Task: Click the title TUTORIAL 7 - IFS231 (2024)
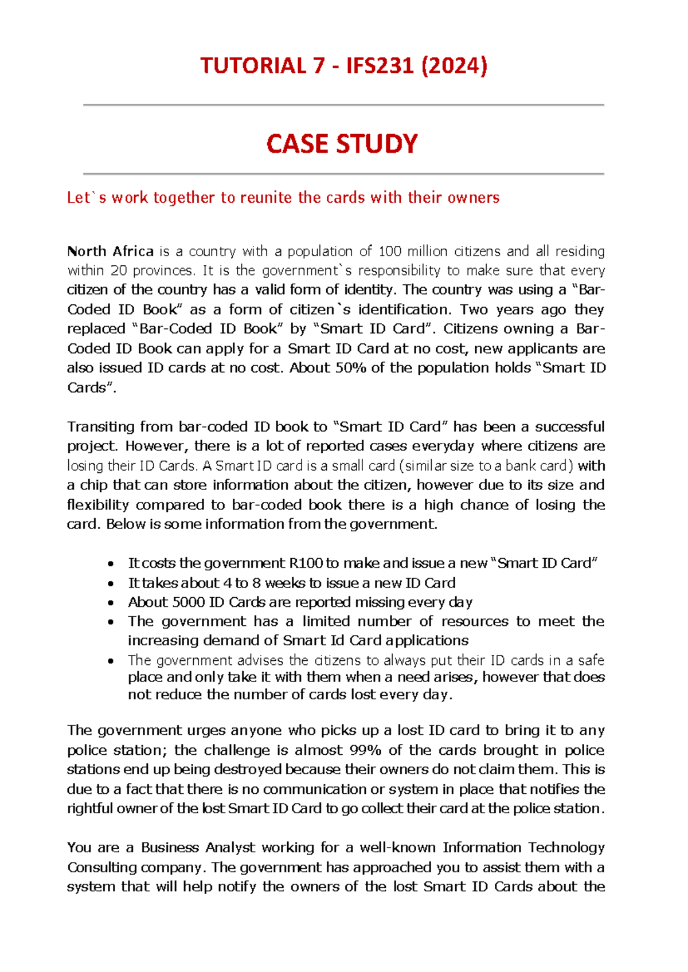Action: click(343, 66)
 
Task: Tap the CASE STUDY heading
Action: click(342, 143)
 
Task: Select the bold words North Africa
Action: click(110, 252)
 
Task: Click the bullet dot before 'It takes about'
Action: click(111, 584)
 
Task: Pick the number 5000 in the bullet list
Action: click(189, 602)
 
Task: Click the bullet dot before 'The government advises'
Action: click(111, 661)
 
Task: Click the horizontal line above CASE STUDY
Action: click(343, 105)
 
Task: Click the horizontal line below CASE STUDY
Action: click(343, 173)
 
